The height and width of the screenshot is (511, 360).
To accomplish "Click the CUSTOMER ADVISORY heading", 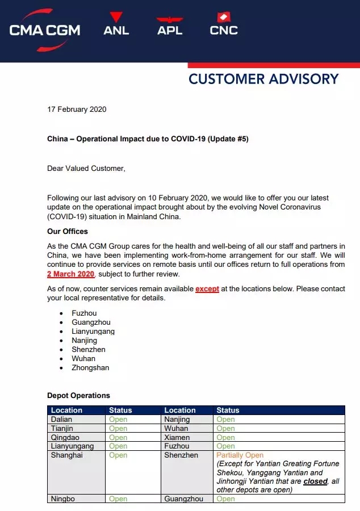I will pyautogui.click(x=263, y=79).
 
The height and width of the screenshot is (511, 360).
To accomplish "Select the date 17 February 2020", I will pyautogui.click(x=77, y=109).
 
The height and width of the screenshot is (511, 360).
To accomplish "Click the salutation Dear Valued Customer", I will pyautogui.click(x=86, y=168).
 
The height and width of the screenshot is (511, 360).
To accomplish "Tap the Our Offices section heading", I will pyautogui.click(x=68, y=232).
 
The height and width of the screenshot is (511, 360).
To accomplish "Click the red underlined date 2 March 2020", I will pyautogui.click(x=70, y=274).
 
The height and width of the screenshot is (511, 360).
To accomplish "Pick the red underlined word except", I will pyautogui.click(x=207, y=289).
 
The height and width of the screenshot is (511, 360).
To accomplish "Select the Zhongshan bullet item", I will pyautogui.click(x=90, y=367).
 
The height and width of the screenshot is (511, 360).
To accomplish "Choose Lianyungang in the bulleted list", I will pyautogui.click(x=93, y=331).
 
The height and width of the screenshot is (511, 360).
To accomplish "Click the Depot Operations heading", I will pyautogui.click(x=78, y=395).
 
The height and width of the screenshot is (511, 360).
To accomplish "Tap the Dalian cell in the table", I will pyautogui.click(x=61, y=420).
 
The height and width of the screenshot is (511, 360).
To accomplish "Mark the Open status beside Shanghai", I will pyautogui.click(x=118, y=455).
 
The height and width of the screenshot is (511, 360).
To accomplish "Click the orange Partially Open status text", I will pyautogui.click(x=240, y=455).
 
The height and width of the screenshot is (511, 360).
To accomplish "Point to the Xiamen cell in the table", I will pyautogui.click(x=176, y=437).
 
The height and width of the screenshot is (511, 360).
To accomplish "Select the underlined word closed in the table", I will pyautogui.click(x=315, y=481).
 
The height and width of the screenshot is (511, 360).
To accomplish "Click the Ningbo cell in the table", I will pyautogui.click(x=62, y=499).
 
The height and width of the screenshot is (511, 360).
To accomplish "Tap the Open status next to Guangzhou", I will pyautogui.click(x=225, y=499).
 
